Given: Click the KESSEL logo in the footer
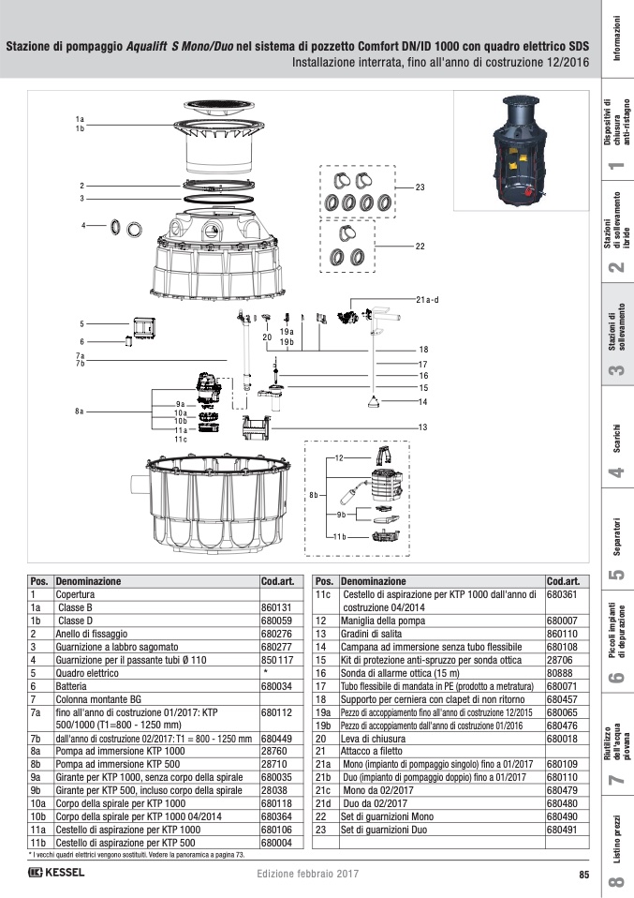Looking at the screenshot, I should click(56, 874).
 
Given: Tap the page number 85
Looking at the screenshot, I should click(582, 875).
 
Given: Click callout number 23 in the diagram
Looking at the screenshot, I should click(420, 187).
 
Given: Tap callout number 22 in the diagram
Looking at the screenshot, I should click(420, 247).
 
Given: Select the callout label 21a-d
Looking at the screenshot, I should click(426, 300).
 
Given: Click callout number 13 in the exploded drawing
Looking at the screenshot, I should click(422, 427).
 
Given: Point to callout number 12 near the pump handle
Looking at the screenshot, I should click(340, 456).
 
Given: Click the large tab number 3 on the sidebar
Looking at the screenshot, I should click(616, 372).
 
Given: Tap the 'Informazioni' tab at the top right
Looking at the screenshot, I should click(616, 38).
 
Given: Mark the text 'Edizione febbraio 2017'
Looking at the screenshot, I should click(307, 875).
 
